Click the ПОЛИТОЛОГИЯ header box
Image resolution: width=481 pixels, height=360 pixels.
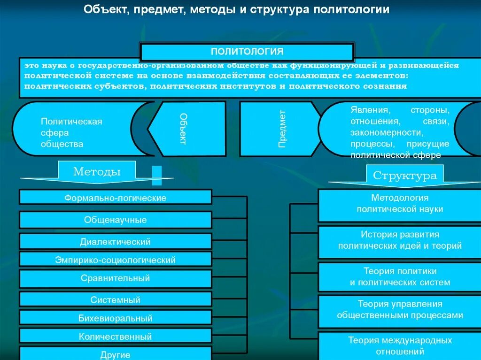click(247, 51)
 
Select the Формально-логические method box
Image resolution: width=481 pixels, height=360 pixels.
click(116, 197)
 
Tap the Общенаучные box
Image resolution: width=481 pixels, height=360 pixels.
click(116, 220)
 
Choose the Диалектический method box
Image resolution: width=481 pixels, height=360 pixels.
click(116, 241)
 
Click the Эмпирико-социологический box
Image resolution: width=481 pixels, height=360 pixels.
click(116, 259)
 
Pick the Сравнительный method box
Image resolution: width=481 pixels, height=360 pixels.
click(116, 278)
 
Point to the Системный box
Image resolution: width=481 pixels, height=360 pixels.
click(116, 299)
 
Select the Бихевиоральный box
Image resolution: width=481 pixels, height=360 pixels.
click(116, 318)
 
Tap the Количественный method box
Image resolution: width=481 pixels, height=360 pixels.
click(116, 336)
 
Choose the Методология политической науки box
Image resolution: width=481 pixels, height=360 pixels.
click(400, 204)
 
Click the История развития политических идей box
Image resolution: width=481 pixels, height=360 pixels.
click(400, 240)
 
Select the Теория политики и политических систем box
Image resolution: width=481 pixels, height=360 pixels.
click(400, 277)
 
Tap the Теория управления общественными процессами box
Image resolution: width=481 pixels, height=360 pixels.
click(400, 310)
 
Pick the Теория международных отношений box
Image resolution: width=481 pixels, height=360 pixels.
click(400, 346)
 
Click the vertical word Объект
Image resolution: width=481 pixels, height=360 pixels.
click(184, 129)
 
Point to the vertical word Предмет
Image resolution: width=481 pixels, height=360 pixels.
click(282, 129)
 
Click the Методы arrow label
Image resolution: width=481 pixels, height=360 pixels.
click(97, 172)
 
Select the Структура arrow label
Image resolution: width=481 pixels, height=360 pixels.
click(405, 176)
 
